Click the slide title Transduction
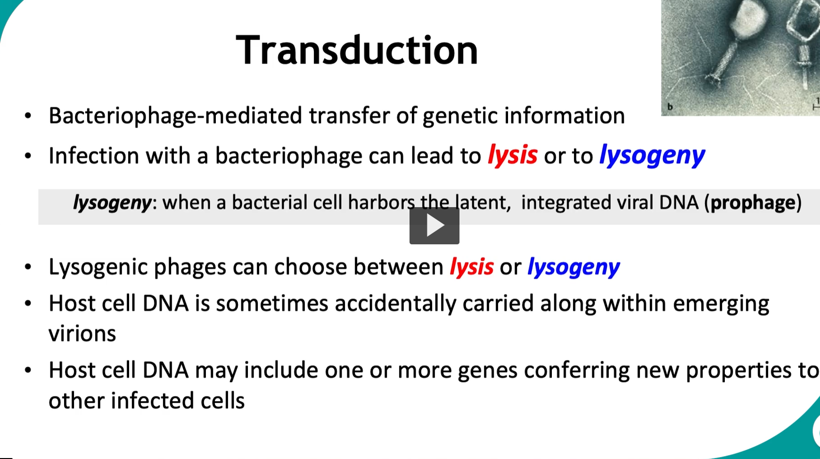(x=357, y=50)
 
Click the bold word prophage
(x=753, y=202)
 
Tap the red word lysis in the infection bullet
(x=512, y=155)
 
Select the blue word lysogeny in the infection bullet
(x=652, y=156)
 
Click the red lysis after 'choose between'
(x=471, y=267)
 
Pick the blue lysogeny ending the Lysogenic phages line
(x=573, y=267)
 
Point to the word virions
(x=82, y=334)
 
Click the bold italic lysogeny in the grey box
(x=112, y=203)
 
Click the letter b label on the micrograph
(x=670, y=107)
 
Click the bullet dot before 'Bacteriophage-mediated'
(x=28, y=116)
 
